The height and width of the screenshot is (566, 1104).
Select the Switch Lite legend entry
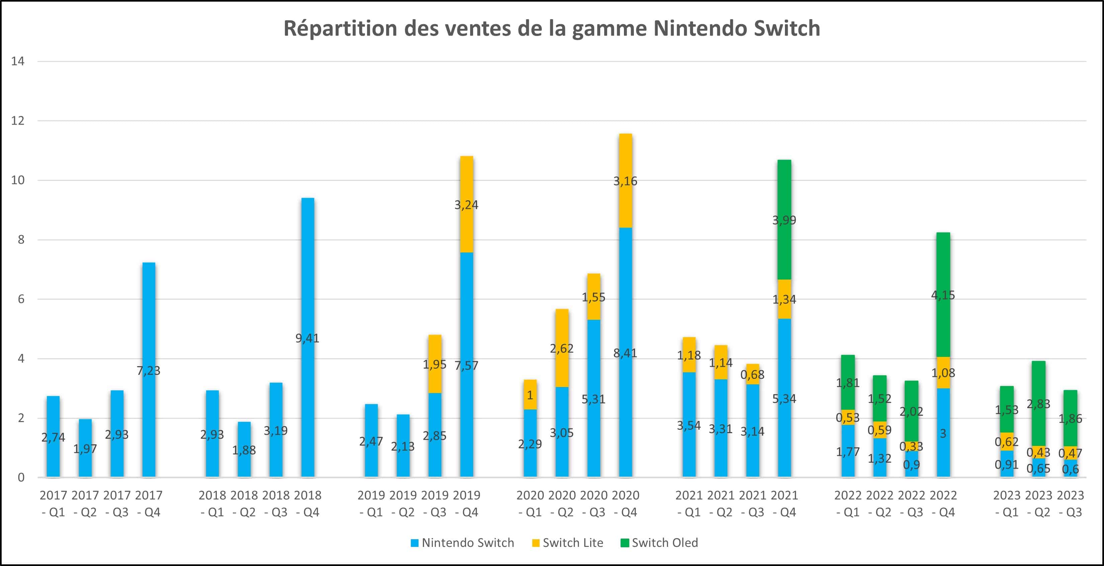click(567, 543)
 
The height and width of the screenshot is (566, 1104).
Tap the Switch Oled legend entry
click(659, 543)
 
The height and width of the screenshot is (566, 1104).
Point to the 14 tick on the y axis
click(18, 61)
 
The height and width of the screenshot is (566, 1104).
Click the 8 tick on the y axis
click(20, 240)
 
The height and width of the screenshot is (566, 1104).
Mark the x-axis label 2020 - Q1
click(530, 503)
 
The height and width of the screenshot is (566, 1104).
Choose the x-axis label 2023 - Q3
click(1071, 503)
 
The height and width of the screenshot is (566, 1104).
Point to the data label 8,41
click(625, 353)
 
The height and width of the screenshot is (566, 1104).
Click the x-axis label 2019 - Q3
click(435, 503)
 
